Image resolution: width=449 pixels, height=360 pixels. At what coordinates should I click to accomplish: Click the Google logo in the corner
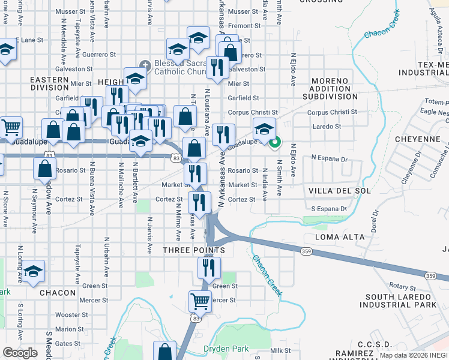point(20,353)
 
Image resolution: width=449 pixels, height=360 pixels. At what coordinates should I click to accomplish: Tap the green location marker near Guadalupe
point(276,143)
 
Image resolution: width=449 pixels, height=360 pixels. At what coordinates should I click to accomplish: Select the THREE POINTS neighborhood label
point(194,250)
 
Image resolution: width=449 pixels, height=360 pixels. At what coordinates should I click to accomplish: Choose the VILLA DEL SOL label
point(336,190)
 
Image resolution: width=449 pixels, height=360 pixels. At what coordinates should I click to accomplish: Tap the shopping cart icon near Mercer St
point(199,301)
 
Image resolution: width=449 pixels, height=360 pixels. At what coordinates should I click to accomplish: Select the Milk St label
point(280,350)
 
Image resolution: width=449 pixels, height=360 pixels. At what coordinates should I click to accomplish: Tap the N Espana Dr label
point(329,159)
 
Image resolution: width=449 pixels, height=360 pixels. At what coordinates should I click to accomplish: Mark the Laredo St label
point(328,127)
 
